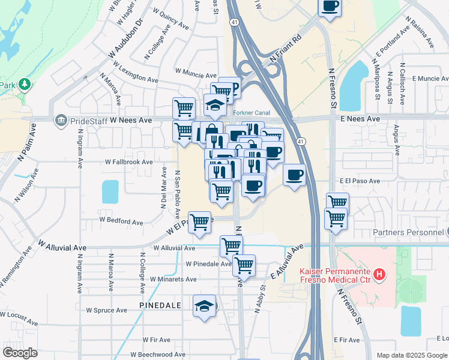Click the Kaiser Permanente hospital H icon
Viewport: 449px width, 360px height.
pos(379,275)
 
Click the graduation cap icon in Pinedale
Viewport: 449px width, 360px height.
pos(204,306)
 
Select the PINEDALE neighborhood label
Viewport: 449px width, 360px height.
pos(160,305)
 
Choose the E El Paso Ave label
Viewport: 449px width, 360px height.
pos(360,181)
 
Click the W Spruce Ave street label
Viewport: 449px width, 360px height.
pos(107,310)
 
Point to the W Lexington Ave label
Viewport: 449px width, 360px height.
pos(133,79)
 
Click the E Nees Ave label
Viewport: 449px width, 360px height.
pos(360,119)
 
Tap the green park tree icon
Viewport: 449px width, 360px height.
pos(25,83)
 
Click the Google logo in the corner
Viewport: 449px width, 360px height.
pos(20,353)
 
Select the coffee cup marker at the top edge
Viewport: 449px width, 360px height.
pos(330,7)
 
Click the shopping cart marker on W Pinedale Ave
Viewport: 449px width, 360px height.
pos(244,264)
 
